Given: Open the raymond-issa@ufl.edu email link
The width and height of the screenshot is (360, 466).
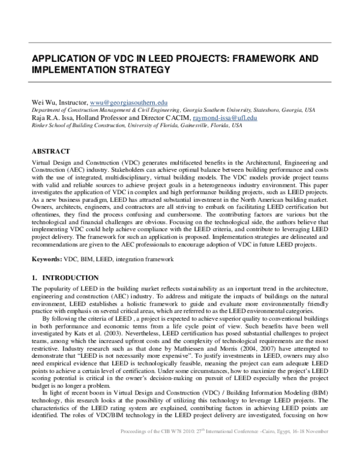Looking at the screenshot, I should (225, 118).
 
